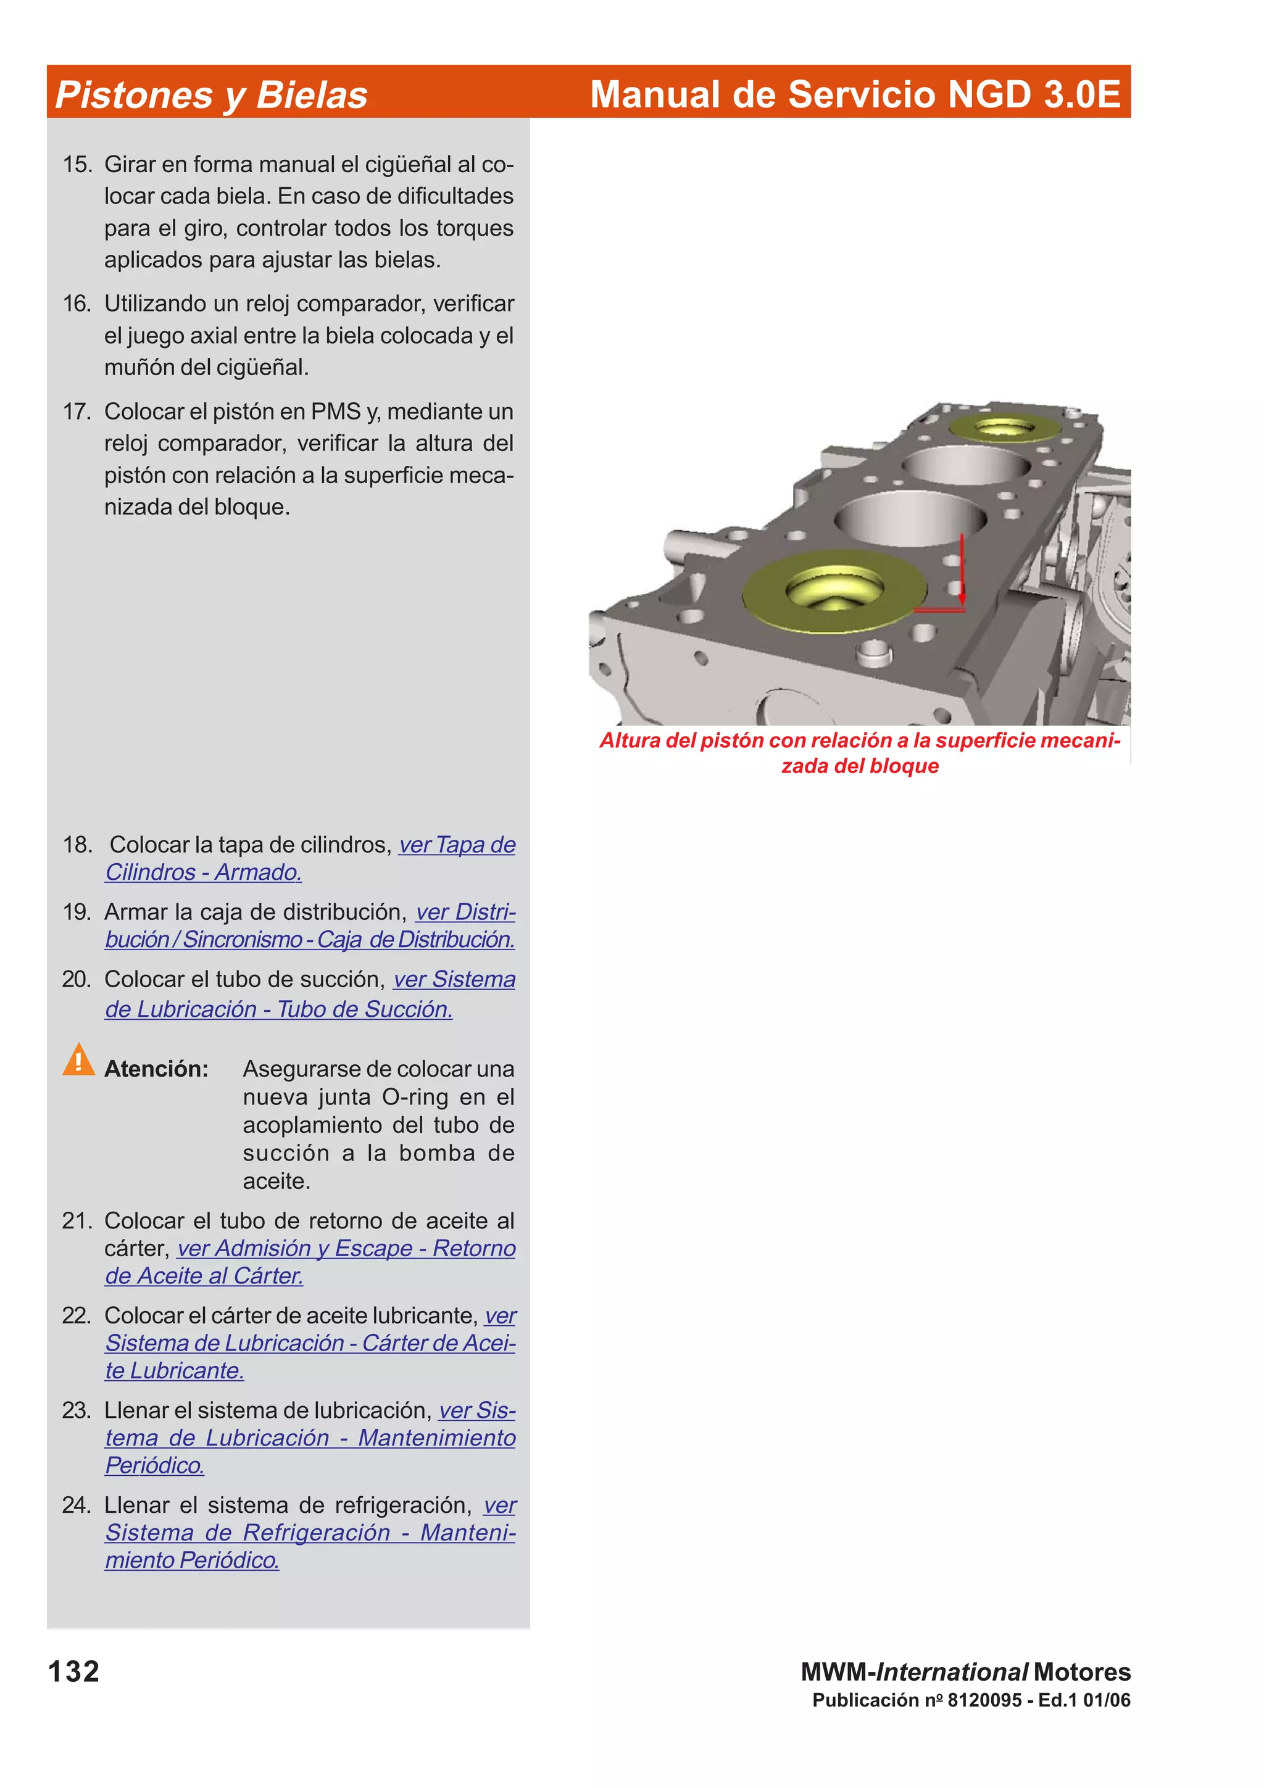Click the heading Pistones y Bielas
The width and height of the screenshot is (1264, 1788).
[211, 95]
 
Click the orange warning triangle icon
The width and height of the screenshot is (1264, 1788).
[78, 1061]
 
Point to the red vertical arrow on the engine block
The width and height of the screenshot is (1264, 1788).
[962, 568]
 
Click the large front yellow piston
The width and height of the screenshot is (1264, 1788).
[833, 589]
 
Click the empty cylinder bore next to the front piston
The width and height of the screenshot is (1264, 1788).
[910, 517]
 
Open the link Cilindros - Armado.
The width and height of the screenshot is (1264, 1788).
[203, 872]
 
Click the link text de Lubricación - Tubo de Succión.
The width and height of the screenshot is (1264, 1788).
[279, 1009]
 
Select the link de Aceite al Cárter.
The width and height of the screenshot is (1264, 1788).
[204, 1275]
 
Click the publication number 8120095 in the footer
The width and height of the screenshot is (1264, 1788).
[984, 1700]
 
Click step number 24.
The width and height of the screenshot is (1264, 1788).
[77, 1505]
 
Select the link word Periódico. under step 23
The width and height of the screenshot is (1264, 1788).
[155, 1465]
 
